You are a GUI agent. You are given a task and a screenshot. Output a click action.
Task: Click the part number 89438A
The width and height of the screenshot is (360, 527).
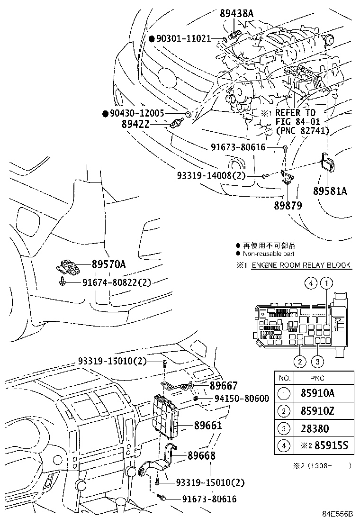(236, 14)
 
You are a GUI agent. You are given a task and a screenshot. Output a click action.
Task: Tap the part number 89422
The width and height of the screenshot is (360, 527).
(135, 124)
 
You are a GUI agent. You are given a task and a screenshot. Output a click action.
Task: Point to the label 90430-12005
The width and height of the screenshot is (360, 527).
(137, 113)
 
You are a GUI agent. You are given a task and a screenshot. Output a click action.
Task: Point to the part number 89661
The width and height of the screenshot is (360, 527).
(208, 425)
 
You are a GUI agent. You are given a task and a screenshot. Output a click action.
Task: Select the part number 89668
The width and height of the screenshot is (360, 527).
(201, 455)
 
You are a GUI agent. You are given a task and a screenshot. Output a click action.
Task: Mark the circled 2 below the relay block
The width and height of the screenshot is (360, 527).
(300, 363)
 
